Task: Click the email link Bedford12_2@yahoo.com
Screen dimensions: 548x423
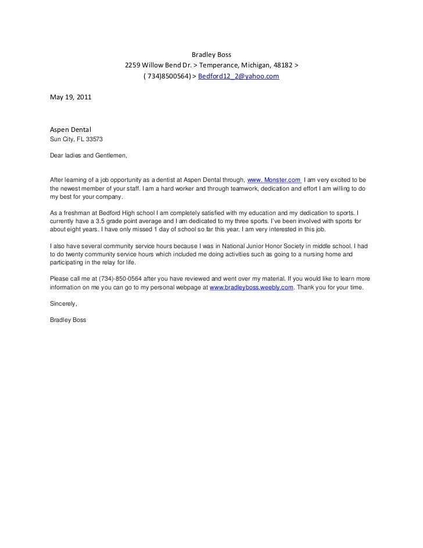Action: click(239, 77)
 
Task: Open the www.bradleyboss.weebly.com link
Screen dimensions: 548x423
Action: click(251, 288)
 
